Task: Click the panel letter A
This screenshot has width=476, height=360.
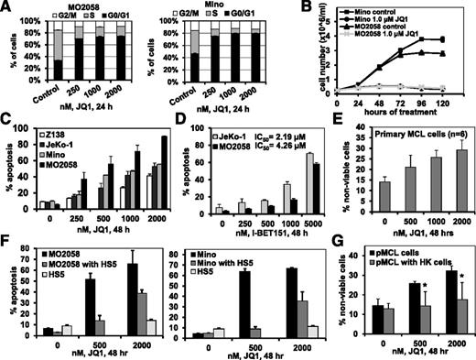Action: click(7, 8)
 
